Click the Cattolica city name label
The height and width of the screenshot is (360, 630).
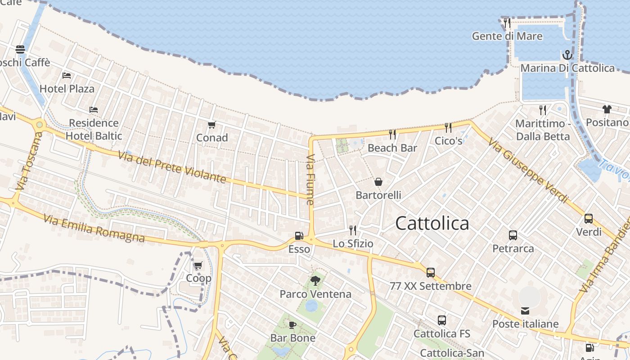coord(432,223)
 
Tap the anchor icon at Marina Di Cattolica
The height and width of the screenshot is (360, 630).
coord(567,55)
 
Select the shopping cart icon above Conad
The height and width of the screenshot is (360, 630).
coord(211,125)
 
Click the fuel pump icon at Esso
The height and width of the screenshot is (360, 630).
coord(299,236)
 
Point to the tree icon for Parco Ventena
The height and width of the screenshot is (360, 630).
coord(315,281)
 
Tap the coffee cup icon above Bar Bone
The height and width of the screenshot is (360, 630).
coord(292,325)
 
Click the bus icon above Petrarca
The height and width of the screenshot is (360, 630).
coord(513,235)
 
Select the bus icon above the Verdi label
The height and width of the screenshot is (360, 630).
coord(588,219)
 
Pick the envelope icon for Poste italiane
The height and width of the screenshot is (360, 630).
coord(525,310)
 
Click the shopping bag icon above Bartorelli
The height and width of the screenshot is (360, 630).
coord(378,182)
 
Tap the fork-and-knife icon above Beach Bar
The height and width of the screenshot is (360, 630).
coord(392,134)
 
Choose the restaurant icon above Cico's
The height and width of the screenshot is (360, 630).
coord(448,128)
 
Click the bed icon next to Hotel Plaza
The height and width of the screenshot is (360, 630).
coord(67,75)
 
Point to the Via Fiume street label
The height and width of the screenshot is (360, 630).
coord(310,180)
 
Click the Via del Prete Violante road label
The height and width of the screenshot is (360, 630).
coord(172,167)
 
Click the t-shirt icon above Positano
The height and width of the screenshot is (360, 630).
coord(607,109)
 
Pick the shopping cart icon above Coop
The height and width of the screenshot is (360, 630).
coord(198,265)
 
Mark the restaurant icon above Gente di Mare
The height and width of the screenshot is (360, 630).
coord(507,23)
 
